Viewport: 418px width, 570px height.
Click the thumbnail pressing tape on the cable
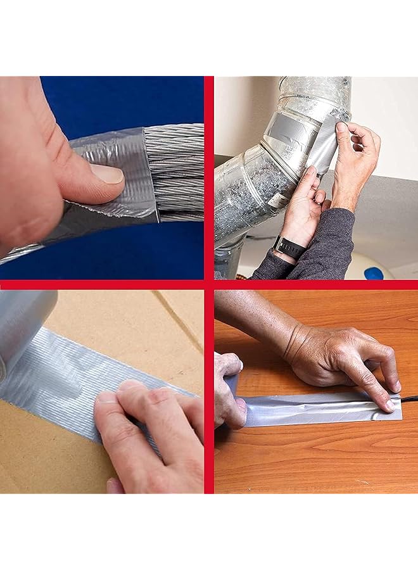pyautogui.click(x=106, y=174)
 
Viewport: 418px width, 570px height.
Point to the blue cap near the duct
pyautogui.click(x=374, y=273)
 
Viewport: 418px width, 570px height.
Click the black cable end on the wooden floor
pyautogui.click(x=408, y=399)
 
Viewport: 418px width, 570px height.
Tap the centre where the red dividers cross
pyautogui.click(x=209, y=284)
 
